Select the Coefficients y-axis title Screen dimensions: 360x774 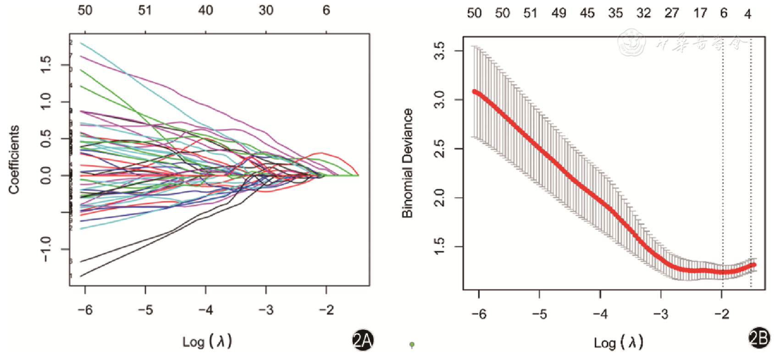[14, 159]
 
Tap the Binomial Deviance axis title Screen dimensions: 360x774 [407, 163]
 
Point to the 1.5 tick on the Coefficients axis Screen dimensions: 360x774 [46, 65]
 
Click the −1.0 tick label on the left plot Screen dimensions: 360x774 [46, 249]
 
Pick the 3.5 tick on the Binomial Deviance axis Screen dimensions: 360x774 [439, 50]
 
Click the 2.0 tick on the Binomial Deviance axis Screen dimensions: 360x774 [439, 198]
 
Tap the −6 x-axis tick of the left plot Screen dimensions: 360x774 [85, 310]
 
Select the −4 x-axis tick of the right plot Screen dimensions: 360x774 [600, 314]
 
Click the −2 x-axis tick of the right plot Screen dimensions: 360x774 [722, 314]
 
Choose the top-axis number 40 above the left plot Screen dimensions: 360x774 [205, 11]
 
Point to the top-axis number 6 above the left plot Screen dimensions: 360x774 [326, 11]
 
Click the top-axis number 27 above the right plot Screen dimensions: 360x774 [672, 13]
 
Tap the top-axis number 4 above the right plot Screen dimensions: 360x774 [747, 14]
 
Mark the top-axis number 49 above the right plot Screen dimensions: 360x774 [558, 13]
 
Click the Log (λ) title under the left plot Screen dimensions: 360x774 [207, 341]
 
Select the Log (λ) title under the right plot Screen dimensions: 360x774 [619, 342]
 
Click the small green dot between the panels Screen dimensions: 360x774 [412, 344]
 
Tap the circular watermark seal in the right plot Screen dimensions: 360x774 [631, 43]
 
